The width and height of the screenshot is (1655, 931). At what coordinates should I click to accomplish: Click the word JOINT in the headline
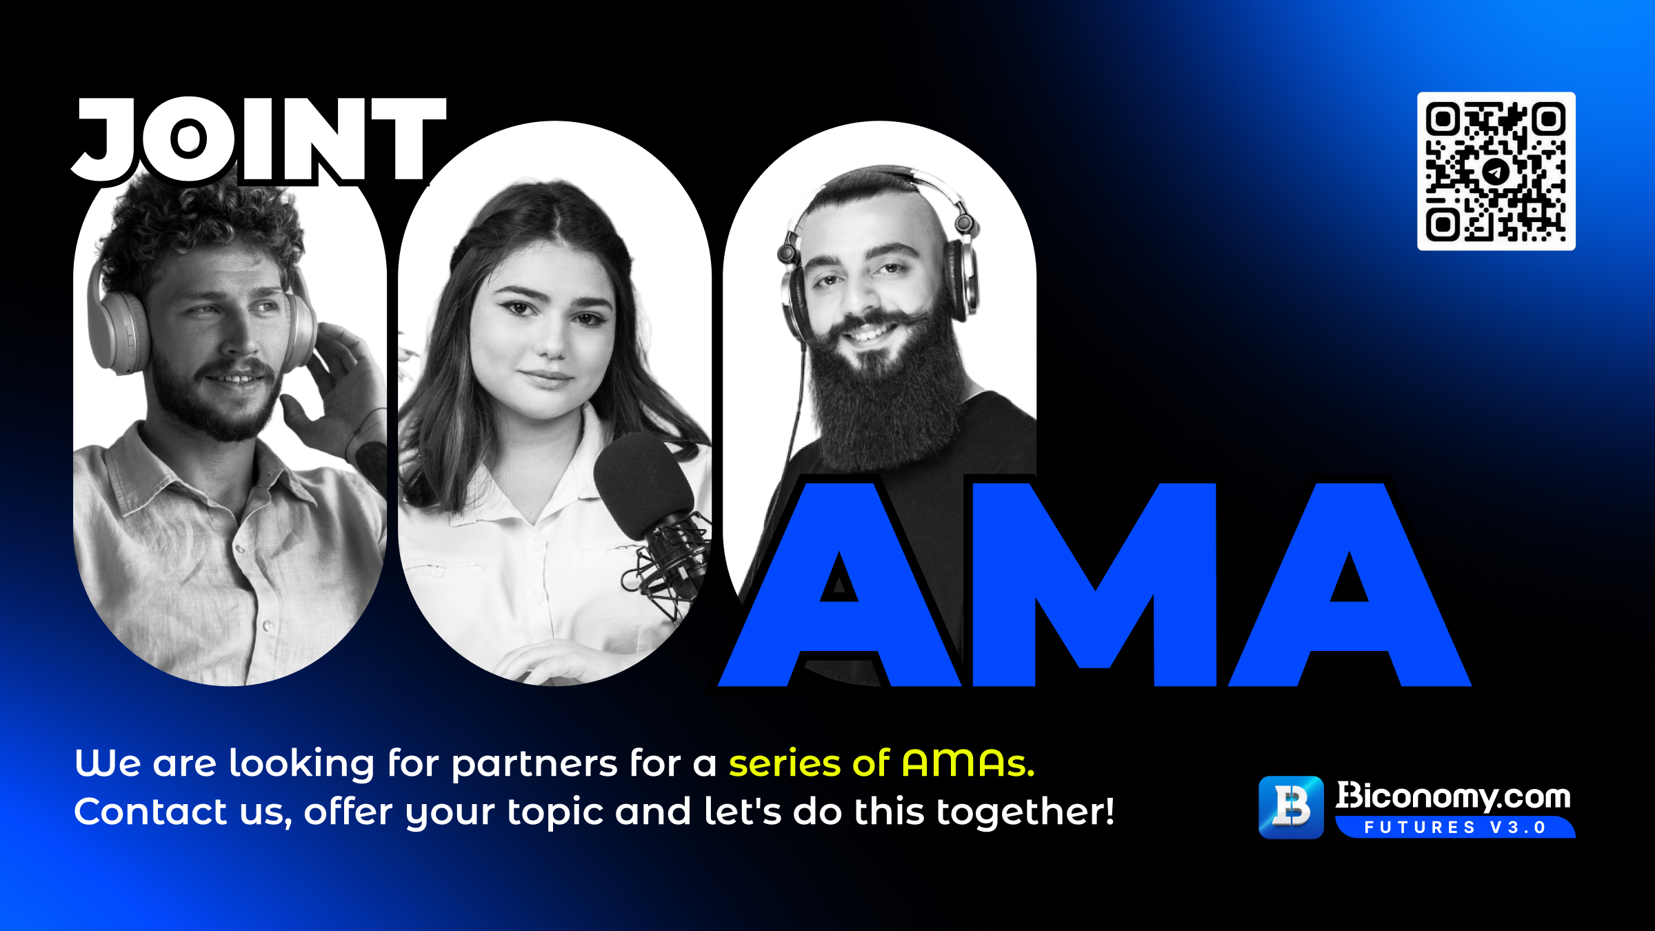pyautogui.click(x=259, y=140)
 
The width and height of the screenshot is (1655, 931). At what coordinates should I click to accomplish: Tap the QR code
pyautogui.click(x=1496, y=171)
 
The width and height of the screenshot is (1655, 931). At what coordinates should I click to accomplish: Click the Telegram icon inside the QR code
pyautogui.click(x=1496, y=171)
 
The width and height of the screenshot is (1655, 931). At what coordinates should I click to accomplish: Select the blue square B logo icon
pyautogui.click(x=1291, y=807)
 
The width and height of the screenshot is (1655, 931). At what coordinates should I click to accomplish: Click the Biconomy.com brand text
pyautogui.click(x=1453, y=797)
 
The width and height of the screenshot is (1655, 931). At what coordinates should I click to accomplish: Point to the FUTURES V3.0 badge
pyautogui.click(x=1455, y=827)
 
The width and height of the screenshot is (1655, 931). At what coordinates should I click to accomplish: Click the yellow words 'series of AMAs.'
pyautogui.click(x=882, y=763)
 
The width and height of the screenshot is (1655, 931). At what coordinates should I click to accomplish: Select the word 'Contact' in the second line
pyautogui.click(x=150, y=811)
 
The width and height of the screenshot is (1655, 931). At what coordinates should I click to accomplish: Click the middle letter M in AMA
pyautogui.click(x=1094, y=585)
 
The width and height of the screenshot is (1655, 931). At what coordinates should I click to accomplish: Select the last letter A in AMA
pyautogui.click(x=1350, y=585)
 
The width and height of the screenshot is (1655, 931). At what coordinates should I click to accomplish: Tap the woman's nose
pyautogui.click(x=552, y=341)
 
